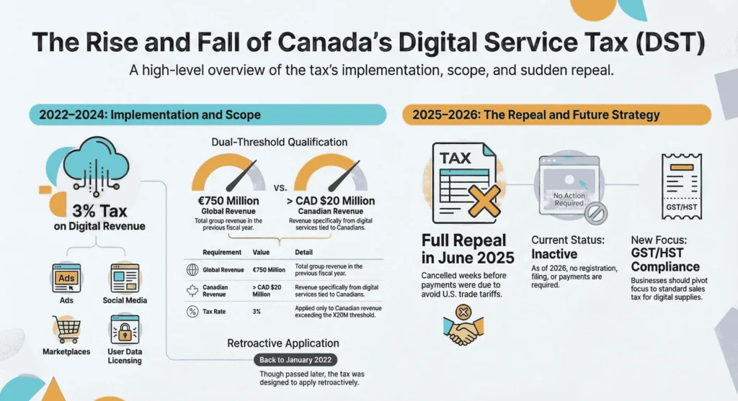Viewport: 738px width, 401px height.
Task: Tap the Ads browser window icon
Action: pos(66,277)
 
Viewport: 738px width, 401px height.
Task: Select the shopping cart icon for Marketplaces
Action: pos(67,329)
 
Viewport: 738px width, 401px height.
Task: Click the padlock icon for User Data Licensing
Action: pos(124,330)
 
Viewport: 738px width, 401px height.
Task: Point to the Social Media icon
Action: pos(124,277)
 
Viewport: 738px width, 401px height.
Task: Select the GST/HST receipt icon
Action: pos(681,186)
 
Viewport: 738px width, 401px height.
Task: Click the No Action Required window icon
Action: pos(569,189)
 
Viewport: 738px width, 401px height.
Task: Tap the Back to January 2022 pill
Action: pos(295,360)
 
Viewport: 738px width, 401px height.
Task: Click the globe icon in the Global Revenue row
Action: pos(192,270)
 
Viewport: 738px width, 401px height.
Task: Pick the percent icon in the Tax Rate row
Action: pos(192,312)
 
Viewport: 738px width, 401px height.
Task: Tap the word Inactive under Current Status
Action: pos(554,254)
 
